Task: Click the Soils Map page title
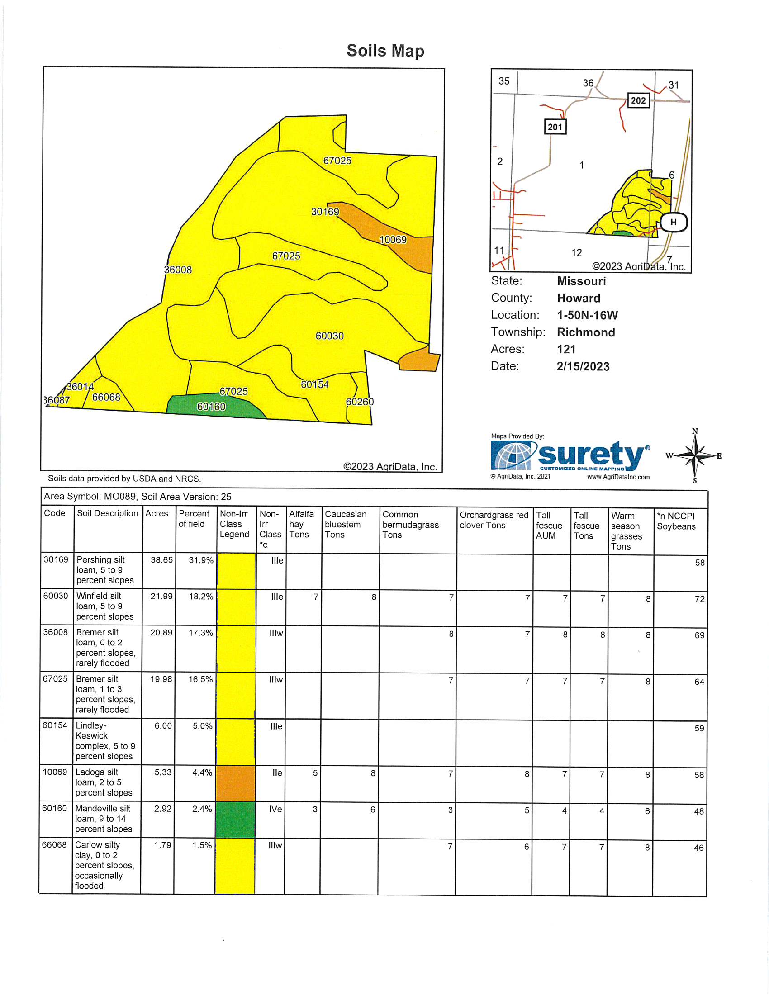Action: (385, 51)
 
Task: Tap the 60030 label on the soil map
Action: (329, 336)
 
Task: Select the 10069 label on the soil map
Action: (393, 240)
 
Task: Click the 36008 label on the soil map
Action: (178, 270)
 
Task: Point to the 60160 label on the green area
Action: (211, 407)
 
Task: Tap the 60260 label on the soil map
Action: (360, 401)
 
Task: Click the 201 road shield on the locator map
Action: (555, 127)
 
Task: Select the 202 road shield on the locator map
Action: (638, 100)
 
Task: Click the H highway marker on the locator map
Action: (674, 223)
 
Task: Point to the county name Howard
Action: (579, 298)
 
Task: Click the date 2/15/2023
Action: (583, 366)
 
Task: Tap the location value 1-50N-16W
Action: (587, 315)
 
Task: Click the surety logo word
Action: (592, 455)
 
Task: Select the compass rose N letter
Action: (695, 431)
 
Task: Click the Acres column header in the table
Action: (157, 513)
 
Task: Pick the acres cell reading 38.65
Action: (162, 560)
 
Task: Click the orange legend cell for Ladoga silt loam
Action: (235, 783)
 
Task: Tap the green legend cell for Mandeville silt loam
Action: (235, 820)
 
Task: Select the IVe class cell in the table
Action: (275, 809)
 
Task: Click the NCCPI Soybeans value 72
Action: (699, 599)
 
